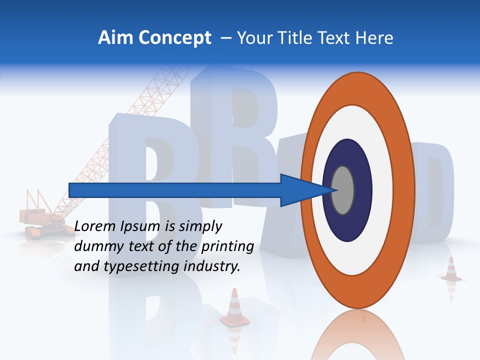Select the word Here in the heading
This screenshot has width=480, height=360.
coord(374,38)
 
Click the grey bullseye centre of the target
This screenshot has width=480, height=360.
coord(342,190)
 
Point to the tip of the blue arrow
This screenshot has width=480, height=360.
coord(336,190)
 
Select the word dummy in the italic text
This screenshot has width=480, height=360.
coord(95,246)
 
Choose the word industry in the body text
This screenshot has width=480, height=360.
coord(212,266)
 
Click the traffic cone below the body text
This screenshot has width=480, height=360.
coord(234,307)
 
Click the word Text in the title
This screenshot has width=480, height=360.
coord(336,38)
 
